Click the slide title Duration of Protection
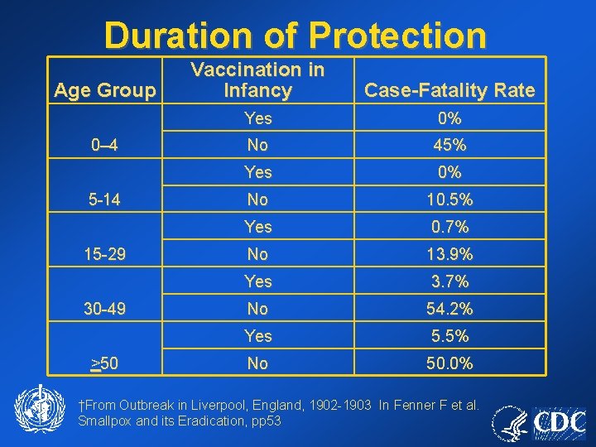[x=296, y=36]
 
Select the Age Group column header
[x=104, y=90]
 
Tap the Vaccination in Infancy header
[x=257, y=80]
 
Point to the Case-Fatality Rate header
[x=449, y=90]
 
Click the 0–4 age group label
[x=104, y=146]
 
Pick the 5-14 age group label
[x=104, y=199]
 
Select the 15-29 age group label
[x=104, y=254]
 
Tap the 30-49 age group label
[x=104, y=309]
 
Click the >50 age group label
[x=104, y=363]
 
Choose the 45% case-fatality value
[x=449, y=146]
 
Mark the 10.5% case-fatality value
[x=449, y=199]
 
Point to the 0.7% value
[x=449, y=227]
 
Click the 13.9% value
[x=449, y=254]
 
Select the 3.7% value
[x=449, y=281]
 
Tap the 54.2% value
[x=449, y=309]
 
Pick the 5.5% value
[x=449, y=336]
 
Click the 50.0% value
[x=449, y=363]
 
